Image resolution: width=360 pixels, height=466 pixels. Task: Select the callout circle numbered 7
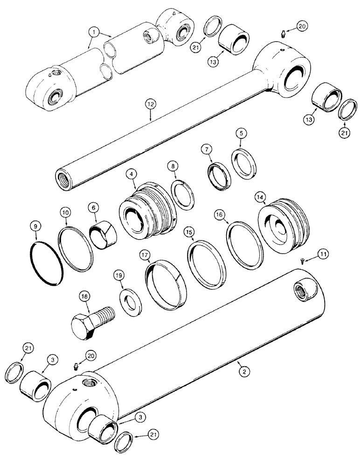(x=207, y=150)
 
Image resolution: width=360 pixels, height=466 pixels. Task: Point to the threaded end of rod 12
(x=63, y=172)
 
